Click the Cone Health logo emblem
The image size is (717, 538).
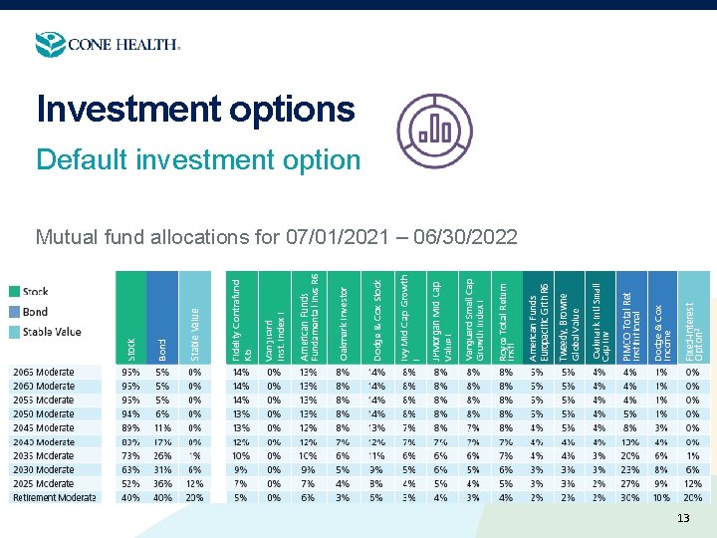coord(50,45)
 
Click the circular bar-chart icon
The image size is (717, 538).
coord(435,133)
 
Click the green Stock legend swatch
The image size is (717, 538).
coord(15,292)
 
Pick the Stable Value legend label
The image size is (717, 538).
coord(53,332)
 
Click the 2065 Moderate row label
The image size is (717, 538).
coord(44,373)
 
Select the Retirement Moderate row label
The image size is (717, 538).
coord(54,497)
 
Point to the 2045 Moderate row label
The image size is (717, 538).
coord(44,427)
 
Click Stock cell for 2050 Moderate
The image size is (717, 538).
coord(130,414)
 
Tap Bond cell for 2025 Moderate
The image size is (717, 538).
coord(162,483)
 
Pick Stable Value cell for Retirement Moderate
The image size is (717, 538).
coord(194,497)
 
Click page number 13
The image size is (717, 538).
coord(682,518)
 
